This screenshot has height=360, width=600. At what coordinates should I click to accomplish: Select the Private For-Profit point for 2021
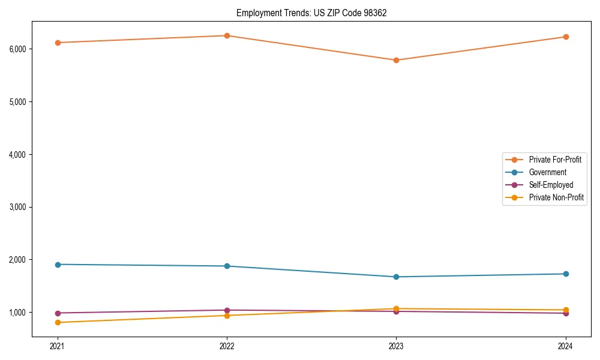click(x=58, y=43)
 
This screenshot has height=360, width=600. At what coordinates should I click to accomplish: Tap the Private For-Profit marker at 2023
click(x=396, y=60)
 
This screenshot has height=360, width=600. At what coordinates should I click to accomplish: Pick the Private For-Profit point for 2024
click(x=565, y=37)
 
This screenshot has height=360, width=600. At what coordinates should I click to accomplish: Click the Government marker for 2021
click(x=58, y=265)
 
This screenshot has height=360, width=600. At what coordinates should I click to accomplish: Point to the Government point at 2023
click(x=396, y=277)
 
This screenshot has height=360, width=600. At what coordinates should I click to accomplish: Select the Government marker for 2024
click(x=565, y=274)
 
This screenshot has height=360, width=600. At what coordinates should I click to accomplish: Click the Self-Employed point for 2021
click(x=58, y=313)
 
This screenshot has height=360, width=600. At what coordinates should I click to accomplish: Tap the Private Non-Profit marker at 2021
click(x=58, y=322)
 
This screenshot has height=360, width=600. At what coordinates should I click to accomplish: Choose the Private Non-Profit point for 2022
click(x=227, y=316)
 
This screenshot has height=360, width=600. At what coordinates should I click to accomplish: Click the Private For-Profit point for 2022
click(x=227, y=35)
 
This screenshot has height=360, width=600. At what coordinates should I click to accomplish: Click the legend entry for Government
click(x=547, y=172)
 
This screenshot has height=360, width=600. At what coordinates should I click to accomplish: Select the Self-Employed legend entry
click(x=551, y=185)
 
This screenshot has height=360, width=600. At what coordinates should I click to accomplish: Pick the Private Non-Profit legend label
click(x=556, y=197)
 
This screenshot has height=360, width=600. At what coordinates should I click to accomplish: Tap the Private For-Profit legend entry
click(x=555, y=160)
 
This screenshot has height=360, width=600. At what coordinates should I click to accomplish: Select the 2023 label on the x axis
click(x=396, y=346)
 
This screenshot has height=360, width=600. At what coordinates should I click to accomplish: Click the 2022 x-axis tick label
click(x=227, y=346)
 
